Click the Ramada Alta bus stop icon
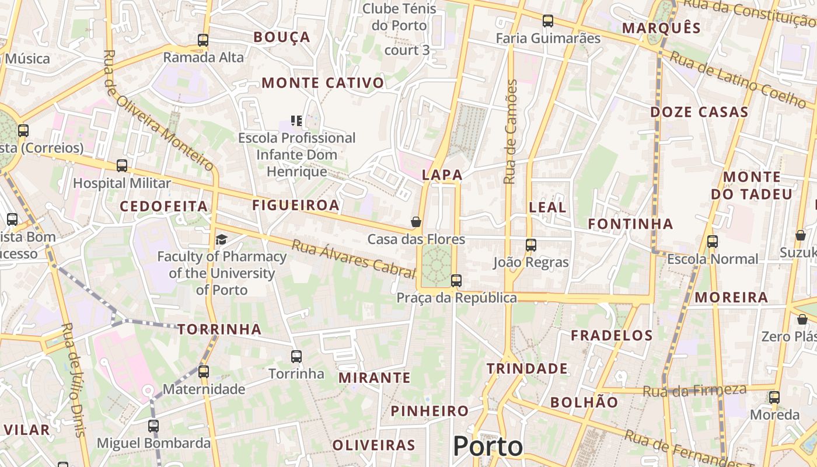click(x=203, y=40)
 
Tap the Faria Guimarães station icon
click(x=548, y=21)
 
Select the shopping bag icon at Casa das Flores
click(x=416, y=222)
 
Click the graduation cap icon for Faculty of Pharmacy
click(x=221, y=239)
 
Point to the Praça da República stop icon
click(x=456, y=281)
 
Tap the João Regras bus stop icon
click(x=531, y=245)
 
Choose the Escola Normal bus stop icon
click(x=712, y=242)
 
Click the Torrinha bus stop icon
click(x=296, y=356)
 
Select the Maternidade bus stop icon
click(x=203, y=371)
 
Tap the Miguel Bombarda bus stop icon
click(x=153, y=426)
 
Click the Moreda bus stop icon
click(x=774, y=398)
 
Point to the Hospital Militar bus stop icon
click(x=122, y=166)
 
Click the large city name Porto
click(x=488, y=447)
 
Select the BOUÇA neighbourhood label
click(x=282, y=37)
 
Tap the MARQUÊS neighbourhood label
click(x=661, y=28)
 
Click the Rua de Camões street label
click(x=511, y=132)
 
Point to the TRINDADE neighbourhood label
click(x=527, y=368)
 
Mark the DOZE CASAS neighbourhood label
click(x=699, y=112)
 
